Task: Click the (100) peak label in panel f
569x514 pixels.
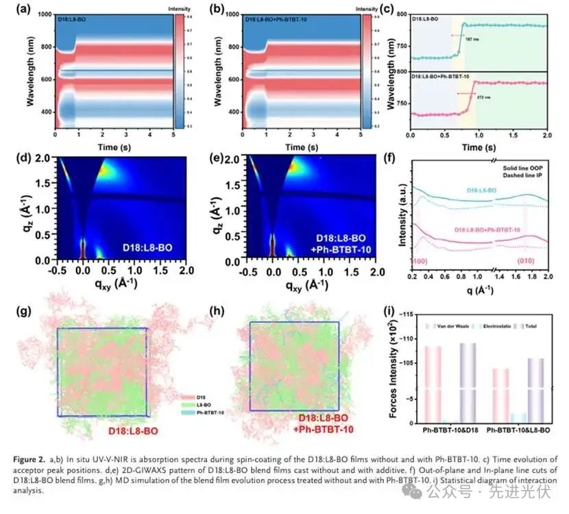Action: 420,261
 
